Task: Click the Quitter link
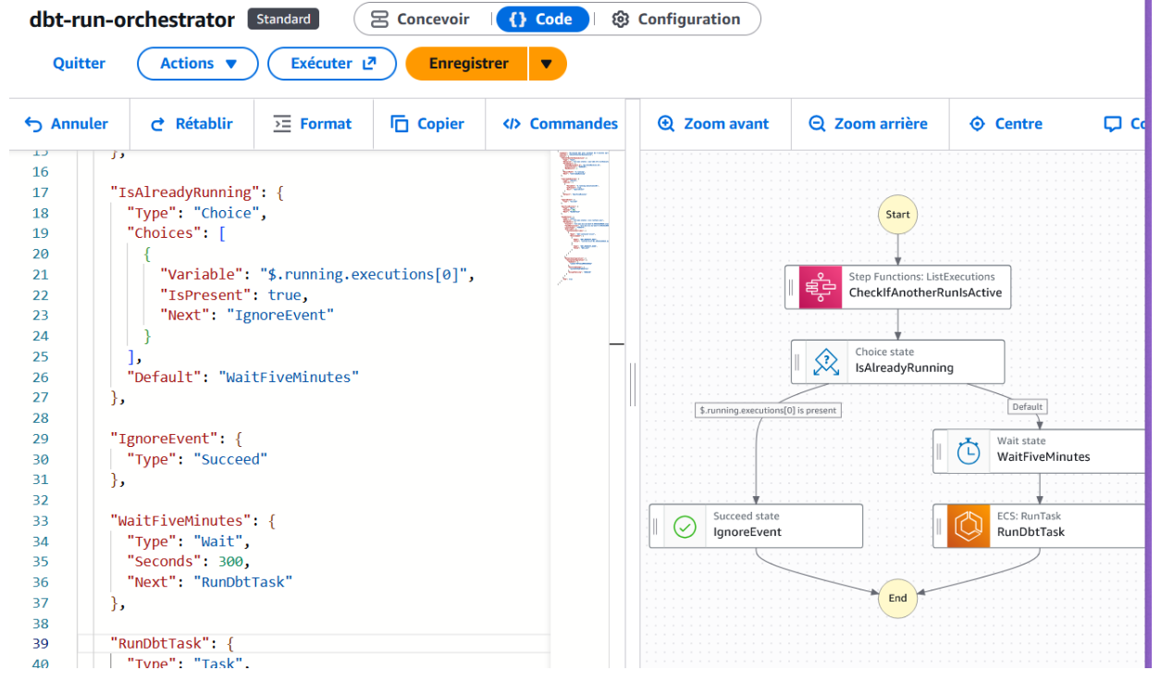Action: point(79,64)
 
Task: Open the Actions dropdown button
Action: point(198,64)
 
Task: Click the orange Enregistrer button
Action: point(468,64)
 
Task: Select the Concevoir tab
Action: point(420,19)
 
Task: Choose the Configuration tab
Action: point(677,19)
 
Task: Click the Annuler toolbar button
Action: point(67,124)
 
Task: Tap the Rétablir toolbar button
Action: point(191,124)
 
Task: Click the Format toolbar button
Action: point(314,124)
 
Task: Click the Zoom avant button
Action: point(713,124)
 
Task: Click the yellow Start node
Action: point(897,215)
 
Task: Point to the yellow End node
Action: point(897,598)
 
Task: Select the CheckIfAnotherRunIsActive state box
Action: point(897,287)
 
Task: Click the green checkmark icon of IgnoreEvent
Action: point(685,527)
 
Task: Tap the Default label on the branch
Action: point(1027,407)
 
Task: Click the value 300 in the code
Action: point(233,562)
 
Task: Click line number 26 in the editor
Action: point(40,378)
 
